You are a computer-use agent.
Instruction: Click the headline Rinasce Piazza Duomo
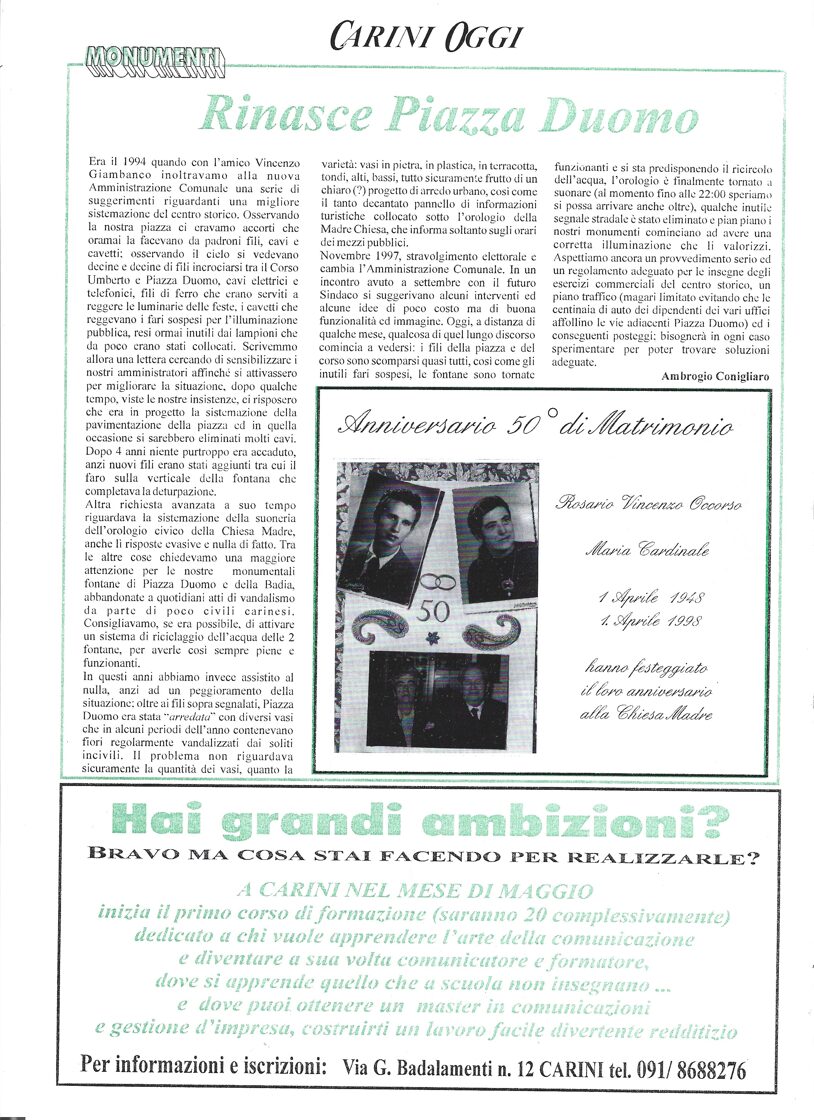tap(447, 113)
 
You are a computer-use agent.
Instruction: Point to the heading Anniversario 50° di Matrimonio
tap(535, 424)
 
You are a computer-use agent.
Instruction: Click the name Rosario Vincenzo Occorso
tap(648, 504)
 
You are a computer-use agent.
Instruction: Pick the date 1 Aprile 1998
tap(651, 620)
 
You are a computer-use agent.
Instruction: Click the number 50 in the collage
tap(433, 609)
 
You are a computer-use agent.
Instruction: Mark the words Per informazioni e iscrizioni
tap(203, 1066)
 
